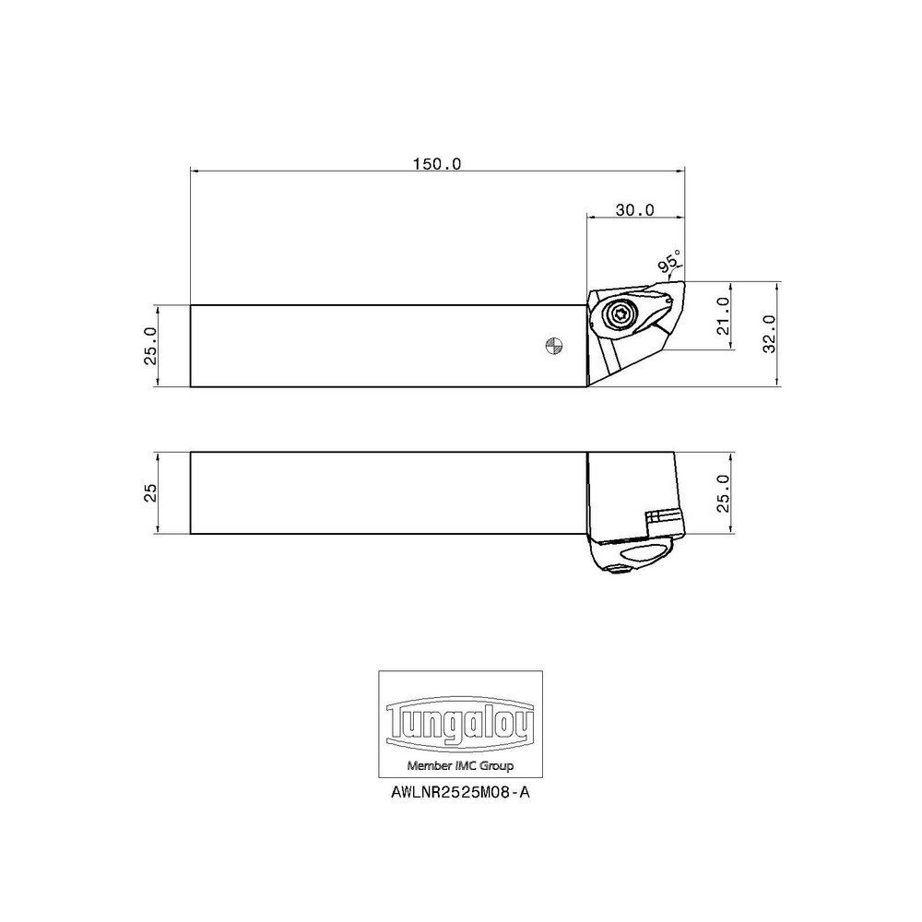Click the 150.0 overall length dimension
click(436, 163)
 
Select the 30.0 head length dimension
click(634, 210)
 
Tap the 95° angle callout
click(670, 262)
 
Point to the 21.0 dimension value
click(723, 315)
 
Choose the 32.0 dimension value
click(770, 333)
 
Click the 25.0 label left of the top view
click(150, 346)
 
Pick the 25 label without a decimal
click(150, 492)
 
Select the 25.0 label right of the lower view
click(723, 492)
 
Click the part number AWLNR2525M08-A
click(460, 792)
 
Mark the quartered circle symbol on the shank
click(552, 346)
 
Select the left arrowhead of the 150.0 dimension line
click(195, 170)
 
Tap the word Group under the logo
click(495, 766)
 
